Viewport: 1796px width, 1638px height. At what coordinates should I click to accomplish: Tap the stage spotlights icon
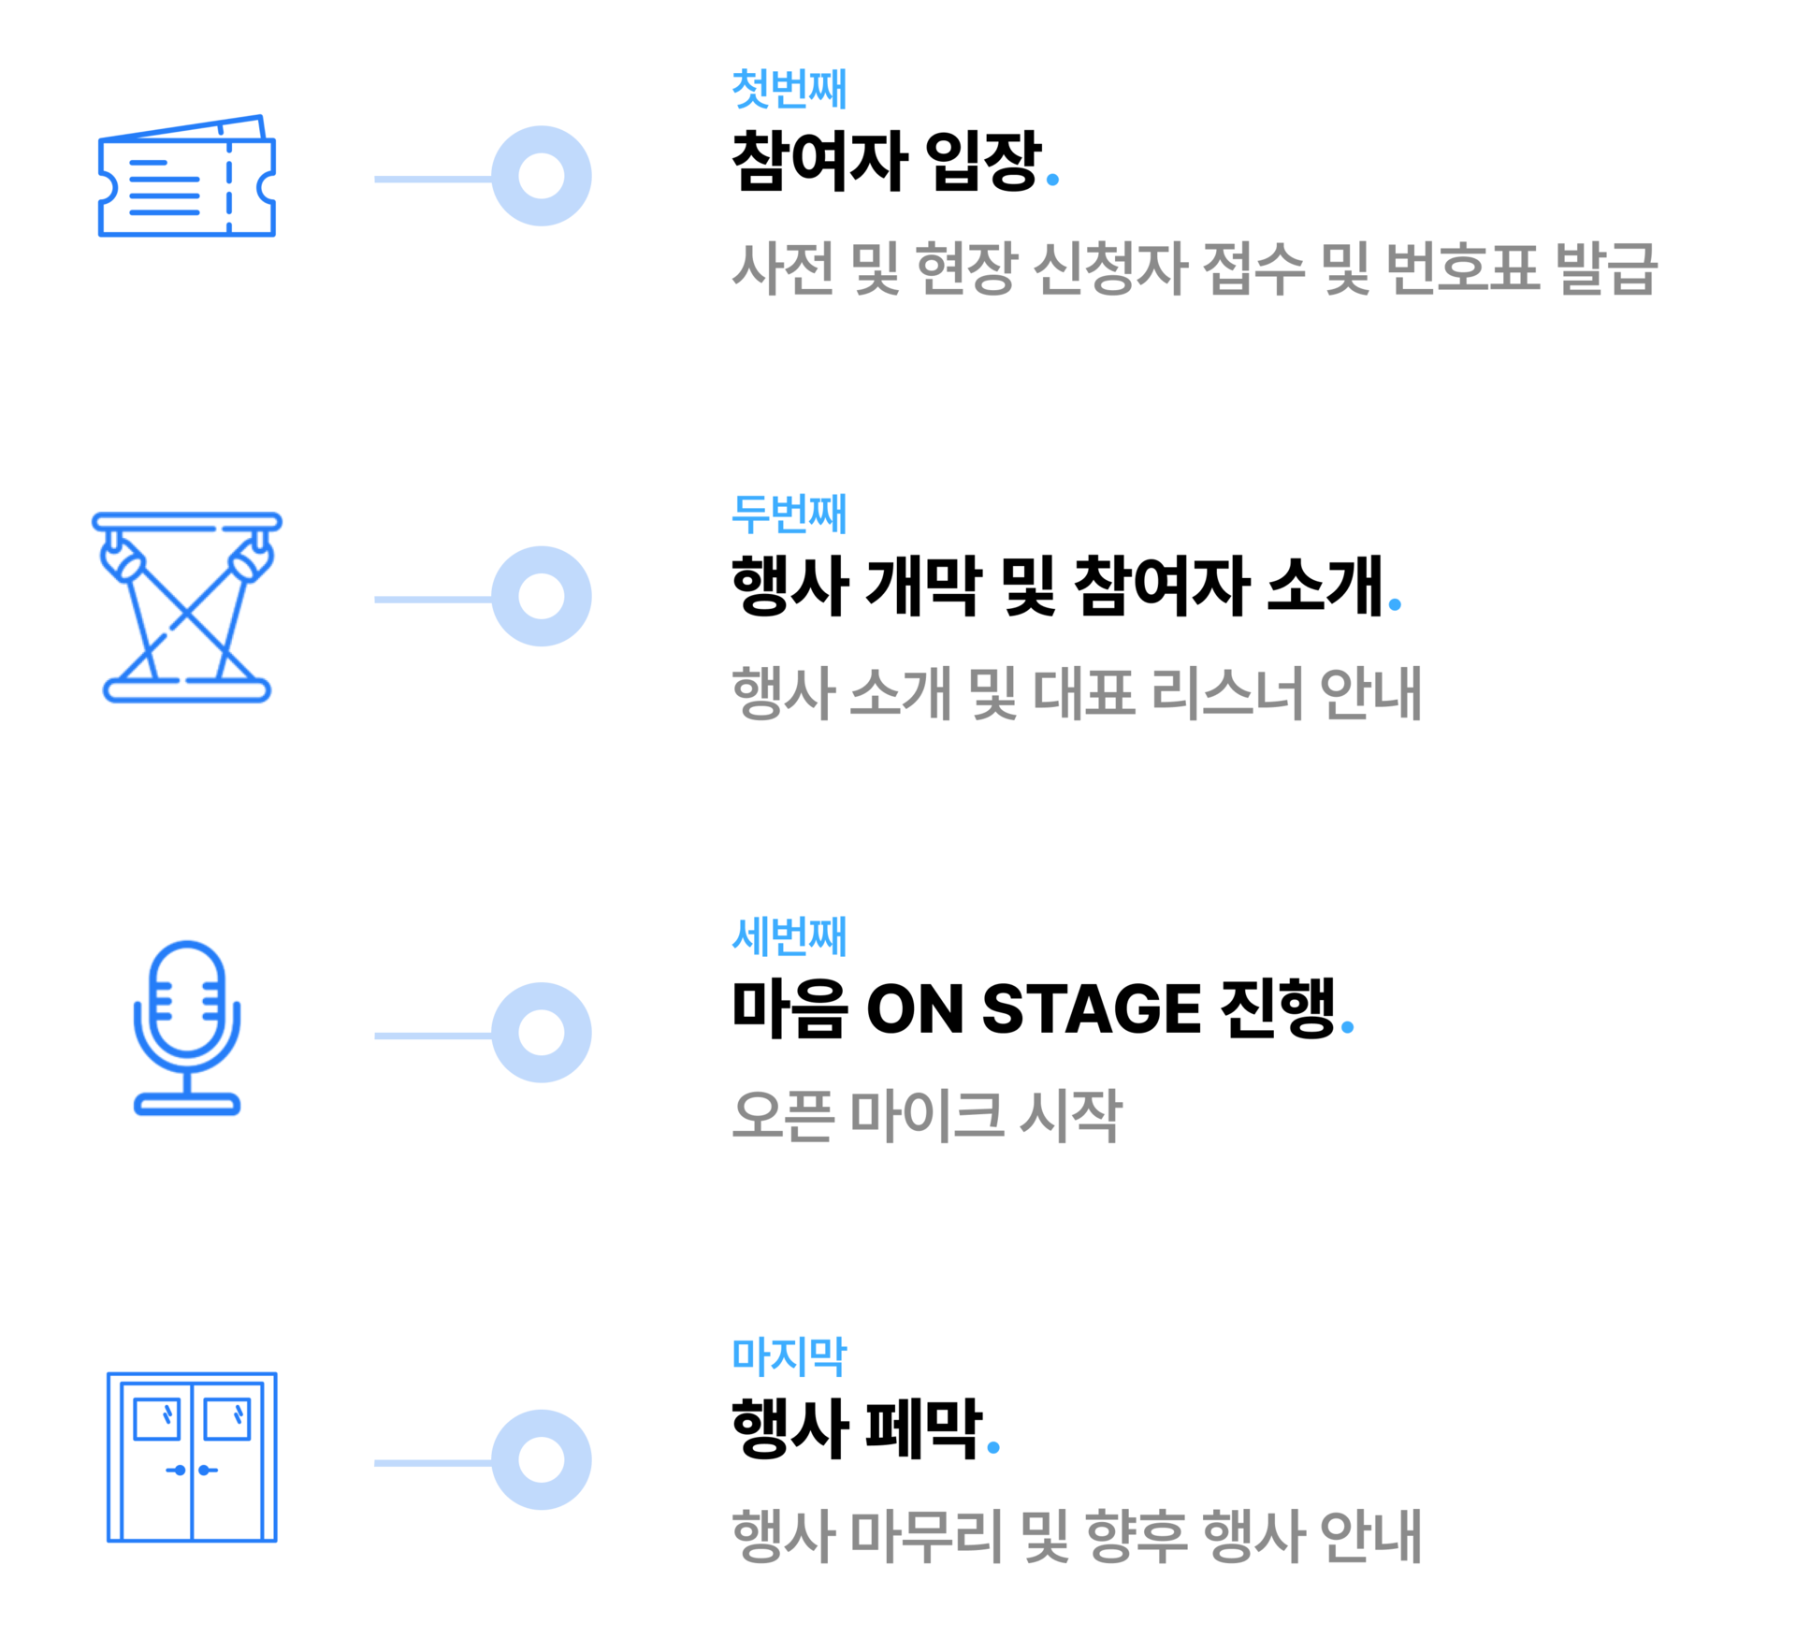pos(187,606)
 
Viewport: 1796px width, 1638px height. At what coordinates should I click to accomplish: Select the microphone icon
pos(187,1027)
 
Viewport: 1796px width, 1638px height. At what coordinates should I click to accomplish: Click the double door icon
pos(192,1457)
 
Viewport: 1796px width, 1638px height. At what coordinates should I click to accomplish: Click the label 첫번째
pos(789,89)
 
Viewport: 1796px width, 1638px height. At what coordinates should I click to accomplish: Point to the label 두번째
pos(789,514)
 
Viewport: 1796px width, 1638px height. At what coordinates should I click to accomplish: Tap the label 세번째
pos(789,936)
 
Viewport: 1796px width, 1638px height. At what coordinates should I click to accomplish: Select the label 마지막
pos(789,1356)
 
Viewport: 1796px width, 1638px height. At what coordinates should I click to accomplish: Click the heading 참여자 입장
pos(886,161)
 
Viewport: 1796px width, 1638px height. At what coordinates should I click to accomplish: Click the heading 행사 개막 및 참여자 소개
pos(1057,586)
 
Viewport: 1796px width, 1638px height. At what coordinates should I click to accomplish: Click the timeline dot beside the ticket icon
pos(542,176)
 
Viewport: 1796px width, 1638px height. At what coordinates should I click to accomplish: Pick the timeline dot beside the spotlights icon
pos(542,596)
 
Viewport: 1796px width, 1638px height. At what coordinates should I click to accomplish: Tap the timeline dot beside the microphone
pos(542,1033)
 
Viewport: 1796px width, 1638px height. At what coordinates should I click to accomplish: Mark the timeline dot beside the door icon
pos(542,1459)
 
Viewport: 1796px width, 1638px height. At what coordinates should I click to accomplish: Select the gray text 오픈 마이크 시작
pos(926,1115)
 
